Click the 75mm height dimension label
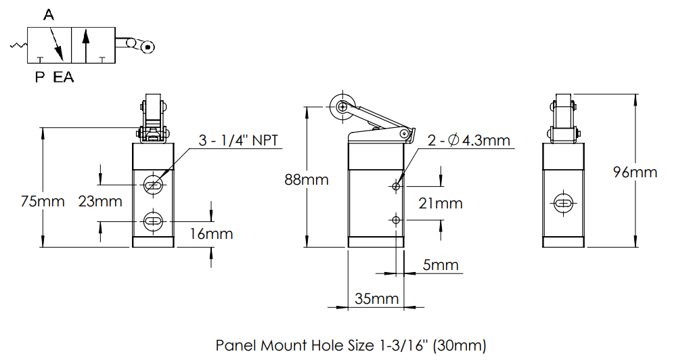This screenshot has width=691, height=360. (43, 201)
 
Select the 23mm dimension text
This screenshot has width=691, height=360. (100, 201)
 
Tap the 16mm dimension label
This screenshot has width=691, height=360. (211, 234)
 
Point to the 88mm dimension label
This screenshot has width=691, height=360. (307, 179)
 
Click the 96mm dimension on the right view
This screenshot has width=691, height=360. (635, 172)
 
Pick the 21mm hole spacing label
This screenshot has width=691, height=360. (441, 203)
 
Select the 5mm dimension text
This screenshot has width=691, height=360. (441, 265)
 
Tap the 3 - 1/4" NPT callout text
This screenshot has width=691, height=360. (238, 141)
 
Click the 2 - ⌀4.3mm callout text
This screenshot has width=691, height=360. (468, 141)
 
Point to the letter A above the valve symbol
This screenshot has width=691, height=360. (49, 15)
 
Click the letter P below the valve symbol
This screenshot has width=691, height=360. (40, 77)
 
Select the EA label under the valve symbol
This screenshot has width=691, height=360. (64, 77)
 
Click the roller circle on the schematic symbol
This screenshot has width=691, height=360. (147, 46)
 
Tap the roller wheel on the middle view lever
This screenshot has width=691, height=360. (339, 106)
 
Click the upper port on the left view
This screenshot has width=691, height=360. (154, 185)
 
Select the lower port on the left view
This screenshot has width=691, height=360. (154, 221)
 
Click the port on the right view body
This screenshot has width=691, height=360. (563, 202)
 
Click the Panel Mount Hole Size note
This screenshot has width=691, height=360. (351, 345)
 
